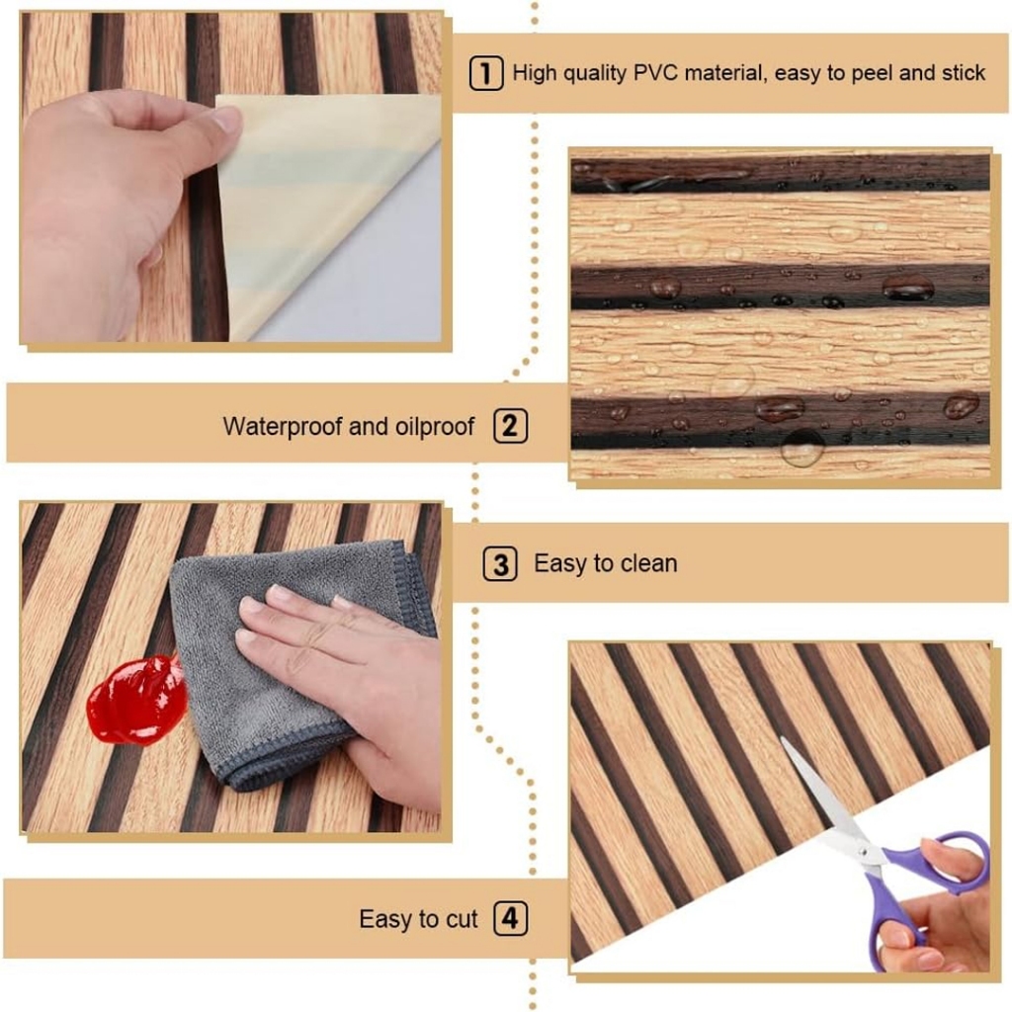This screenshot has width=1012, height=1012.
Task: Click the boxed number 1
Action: (486, 73)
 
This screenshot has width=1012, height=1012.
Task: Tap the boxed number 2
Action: (511, 426)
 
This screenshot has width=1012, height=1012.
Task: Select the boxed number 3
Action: (500, 564)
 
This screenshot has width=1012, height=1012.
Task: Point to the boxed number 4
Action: (511, 918)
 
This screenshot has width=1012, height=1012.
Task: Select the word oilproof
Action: (435, 427)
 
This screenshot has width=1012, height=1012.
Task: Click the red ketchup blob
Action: (135, 700)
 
